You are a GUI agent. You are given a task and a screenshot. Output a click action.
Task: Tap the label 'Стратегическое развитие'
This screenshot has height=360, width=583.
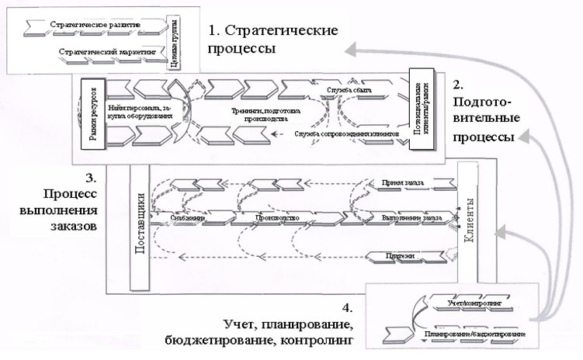95,26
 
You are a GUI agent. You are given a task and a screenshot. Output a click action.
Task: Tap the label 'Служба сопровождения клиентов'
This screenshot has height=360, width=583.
347,134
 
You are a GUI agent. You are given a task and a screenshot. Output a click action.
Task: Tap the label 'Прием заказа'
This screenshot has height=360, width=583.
401,184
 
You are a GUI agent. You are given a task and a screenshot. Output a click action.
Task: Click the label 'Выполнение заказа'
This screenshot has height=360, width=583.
411,219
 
